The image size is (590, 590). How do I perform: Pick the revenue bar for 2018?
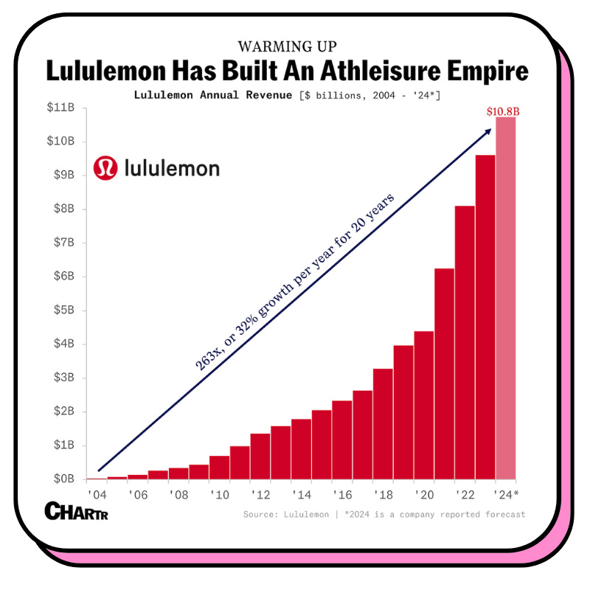pyautogui.click(x=383, y=423)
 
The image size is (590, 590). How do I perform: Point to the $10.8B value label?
pyautogui.click(x=502, y=111)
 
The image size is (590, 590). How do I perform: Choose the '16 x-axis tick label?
pyautogui.click(x=343, y=494)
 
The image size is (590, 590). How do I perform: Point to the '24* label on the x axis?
pyautogui.click(x=507, y=494)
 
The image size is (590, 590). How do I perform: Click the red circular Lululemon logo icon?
pyautogui.click(x=105, y=168)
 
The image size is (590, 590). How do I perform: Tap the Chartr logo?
pyautogui.click(x=76, y=511)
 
